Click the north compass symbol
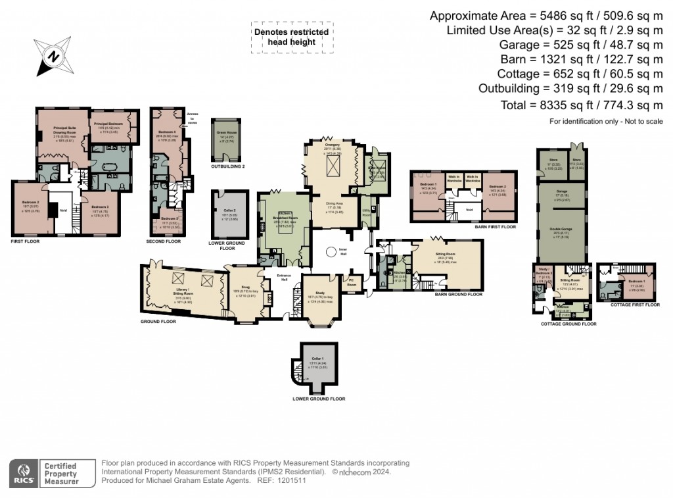[x=50, y=55]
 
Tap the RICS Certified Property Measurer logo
[x=45, y=473]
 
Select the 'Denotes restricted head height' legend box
[x=291, y=37]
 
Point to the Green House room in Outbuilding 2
[x=227, y=138]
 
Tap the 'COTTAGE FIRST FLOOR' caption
[x=634, y=305]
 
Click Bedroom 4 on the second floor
[x=166, y=136]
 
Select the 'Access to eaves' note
[x=192, y=117]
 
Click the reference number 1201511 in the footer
[x=293, y=480]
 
